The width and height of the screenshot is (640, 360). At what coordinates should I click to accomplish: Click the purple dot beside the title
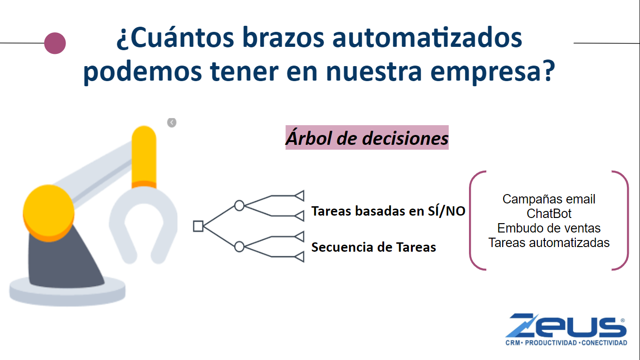coord(55,43)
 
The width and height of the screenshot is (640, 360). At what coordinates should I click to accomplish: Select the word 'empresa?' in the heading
coord(492,72)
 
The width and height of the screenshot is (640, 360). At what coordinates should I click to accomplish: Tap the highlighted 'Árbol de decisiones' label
coord(367,137)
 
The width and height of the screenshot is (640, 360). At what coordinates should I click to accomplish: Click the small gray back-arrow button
coord(172,123)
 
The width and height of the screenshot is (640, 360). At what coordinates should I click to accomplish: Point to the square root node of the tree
coord(198,226)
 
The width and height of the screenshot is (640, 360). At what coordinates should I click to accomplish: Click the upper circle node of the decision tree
coord(239,206)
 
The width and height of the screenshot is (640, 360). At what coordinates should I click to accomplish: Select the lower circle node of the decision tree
coord(239,247)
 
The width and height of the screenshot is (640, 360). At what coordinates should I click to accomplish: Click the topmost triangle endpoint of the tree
coord(299,196)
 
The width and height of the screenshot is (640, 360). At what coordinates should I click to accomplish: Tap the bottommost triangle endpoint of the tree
coord(299,257)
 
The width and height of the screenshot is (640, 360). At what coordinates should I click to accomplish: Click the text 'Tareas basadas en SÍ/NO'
coord(388,211)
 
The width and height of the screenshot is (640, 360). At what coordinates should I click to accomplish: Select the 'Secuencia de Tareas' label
coord(373,247)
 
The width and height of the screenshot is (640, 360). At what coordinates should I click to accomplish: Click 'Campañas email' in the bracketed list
coord(549,199)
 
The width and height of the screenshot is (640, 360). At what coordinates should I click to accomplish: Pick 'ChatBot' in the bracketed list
coord(549,214)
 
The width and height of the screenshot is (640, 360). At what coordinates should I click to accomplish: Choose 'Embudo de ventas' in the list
coord(549,228)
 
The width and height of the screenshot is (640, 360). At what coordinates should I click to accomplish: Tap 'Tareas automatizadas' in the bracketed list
coord(549,243)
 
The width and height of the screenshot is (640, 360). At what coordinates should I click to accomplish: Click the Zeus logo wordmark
coord(566,326)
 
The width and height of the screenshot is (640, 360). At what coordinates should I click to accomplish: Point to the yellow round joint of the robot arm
coord(49,213)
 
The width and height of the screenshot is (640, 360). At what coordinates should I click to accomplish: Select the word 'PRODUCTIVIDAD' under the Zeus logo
coord(551,343)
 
